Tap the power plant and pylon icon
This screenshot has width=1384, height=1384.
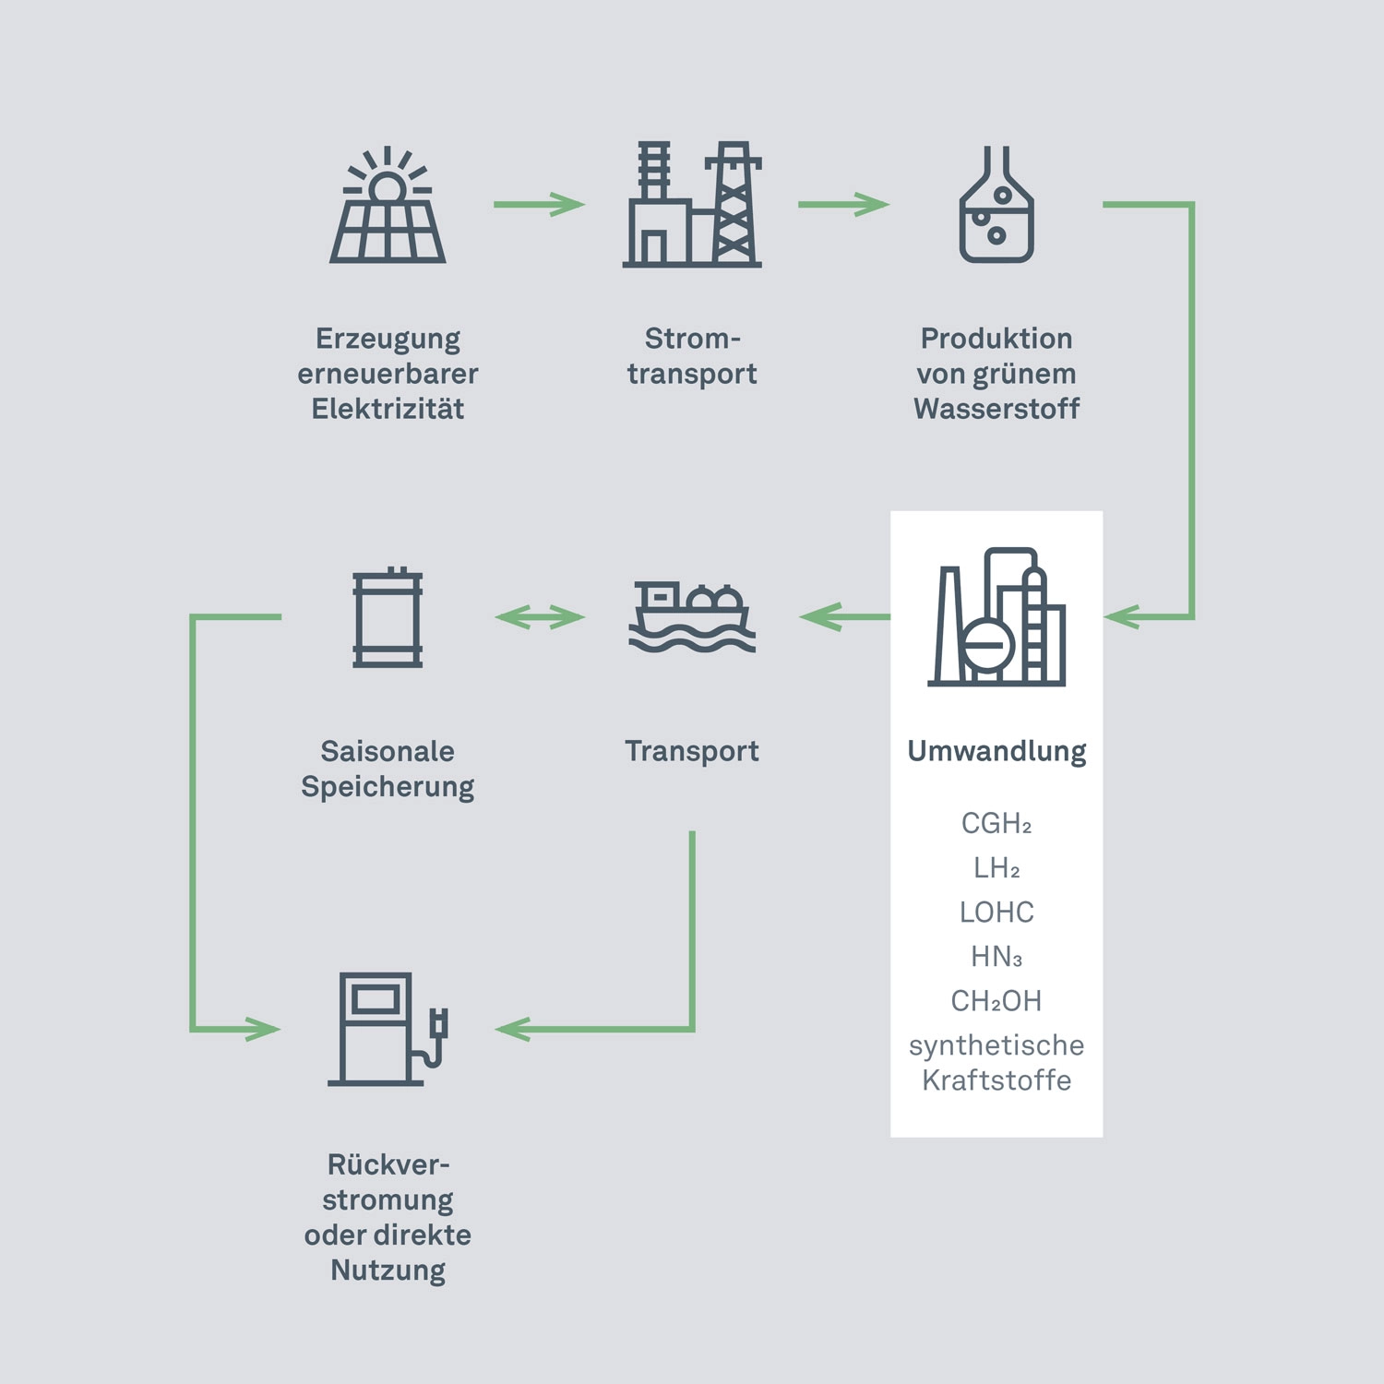(x=692, y=205)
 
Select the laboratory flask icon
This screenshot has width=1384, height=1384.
(x=996, y=205)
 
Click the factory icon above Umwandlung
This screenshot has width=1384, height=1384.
(x=996, y=617)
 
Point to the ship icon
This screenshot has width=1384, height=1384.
(x=692, y=617)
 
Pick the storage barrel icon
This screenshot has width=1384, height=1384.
(x=388, y=617)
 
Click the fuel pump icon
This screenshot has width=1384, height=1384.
(x=388, y=1029)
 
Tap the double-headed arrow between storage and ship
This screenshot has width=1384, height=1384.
(x=540, y=616)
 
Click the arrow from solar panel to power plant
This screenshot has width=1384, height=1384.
(x=540, y=204)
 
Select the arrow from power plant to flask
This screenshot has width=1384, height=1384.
(x=843, y=204)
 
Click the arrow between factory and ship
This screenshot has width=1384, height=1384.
(x=843, y=616)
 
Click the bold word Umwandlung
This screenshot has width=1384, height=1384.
(x=996, y=751)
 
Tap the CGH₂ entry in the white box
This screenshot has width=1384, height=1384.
(x=996, y=823)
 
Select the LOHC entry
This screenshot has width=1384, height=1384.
(x=996, y=913)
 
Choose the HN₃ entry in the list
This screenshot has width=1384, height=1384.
(x=996, y=957)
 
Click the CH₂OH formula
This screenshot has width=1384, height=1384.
(x=996, y=1001)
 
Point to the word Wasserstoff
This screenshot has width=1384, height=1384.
(x=996, y=409)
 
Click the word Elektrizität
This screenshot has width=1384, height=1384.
(x=388, y=409)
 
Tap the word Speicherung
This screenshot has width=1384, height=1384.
(x=388, y=787)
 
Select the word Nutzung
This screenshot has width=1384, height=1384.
(x=388, y=1271)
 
